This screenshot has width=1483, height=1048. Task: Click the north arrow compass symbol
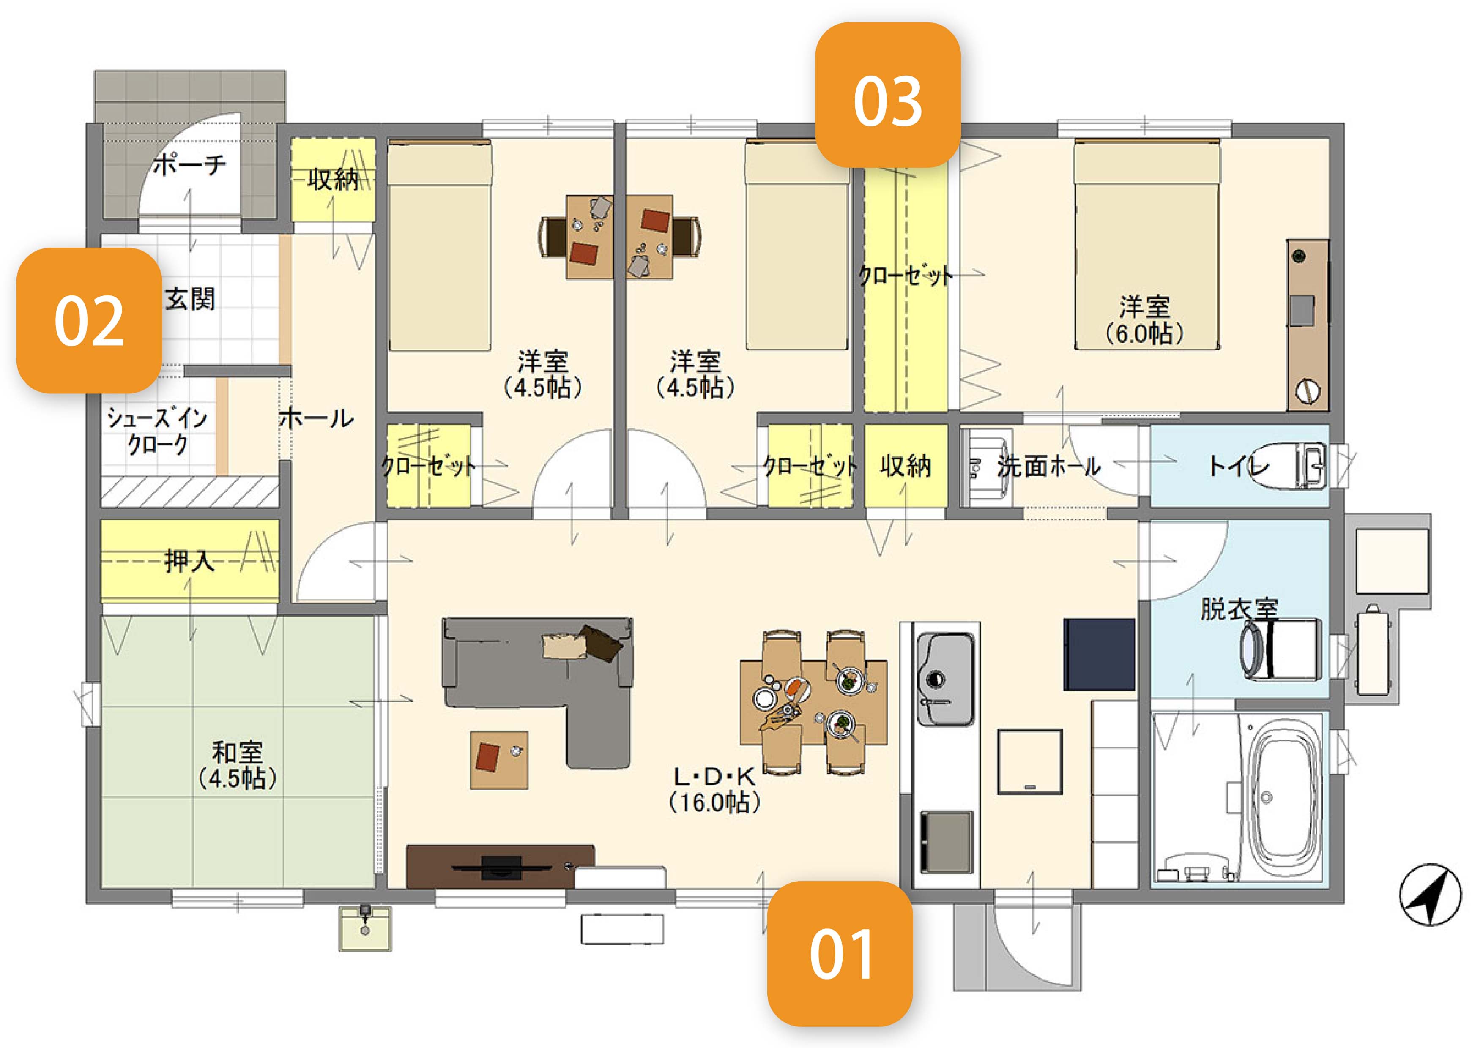point(1430,895)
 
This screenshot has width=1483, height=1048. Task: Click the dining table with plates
point(813,702)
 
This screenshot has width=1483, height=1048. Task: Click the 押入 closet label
point(189,560)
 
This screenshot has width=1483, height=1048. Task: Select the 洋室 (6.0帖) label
point(1144,319)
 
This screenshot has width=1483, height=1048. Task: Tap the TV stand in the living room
point(500,866)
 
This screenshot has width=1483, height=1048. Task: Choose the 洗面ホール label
point(1048,466)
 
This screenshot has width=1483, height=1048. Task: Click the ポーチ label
point(190,165)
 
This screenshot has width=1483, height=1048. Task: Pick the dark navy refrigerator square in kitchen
point(1099,654)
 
